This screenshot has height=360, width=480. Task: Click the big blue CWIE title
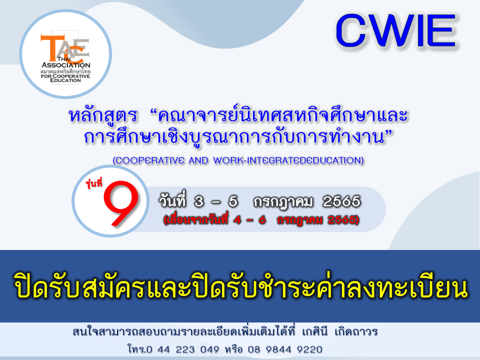coord(396,30)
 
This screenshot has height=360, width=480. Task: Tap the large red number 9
coord(121,203)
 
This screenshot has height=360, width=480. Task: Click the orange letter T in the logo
coord(52,47)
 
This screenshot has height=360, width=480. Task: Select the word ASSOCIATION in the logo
coord(66,65)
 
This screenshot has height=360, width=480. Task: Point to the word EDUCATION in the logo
coord(65,80)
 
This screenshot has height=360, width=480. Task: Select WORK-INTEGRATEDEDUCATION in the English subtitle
coord(288,160)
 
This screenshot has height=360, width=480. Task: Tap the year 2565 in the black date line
coord(341,201)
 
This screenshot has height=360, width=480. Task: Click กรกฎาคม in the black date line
coord(283,202)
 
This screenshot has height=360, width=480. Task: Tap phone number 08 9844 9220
coord(284,349)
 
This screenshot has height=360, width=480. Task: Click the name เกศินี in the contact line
coord(314,331)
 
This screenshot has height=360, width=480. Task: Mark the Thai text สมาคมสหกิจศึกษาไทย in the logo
coord(65,71)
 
